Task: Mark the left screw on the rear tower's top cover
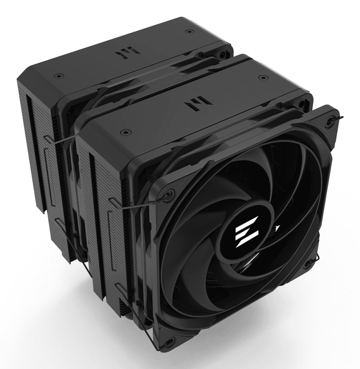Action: coord(58,76)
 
